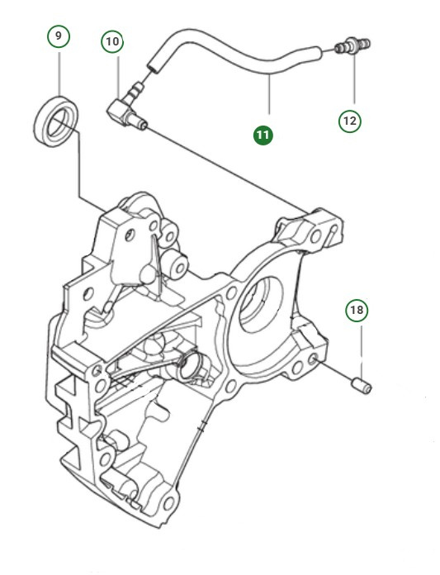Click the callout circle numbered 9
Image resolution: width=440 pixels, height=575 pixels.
[59, 36]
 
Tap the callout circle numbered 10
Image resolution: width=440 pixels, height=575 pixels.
[112, 41]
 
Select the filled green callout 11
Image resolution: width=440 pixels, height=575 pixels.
[263, 135]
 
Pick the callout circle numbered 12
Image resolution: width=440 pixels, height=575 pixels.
[350, 121]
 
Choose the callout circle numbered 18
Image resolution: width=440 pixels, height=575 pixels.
[357, 311]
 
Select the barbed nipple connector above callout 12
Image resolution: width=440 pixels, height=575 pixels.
[352, 45]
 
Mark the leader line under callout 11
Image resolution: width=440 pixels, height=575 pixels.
[270, 94]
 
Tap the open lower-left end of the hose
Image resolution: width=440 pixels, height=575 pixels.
[154, 67]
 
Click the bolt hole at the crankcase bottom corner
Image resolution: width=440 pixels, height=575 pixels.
[168, 504]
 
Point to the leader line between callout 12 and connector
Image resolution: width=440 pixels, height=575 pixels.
[355, 78]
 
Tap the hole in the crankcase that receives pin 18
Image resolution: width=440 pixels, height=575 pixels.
[313, 359]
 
